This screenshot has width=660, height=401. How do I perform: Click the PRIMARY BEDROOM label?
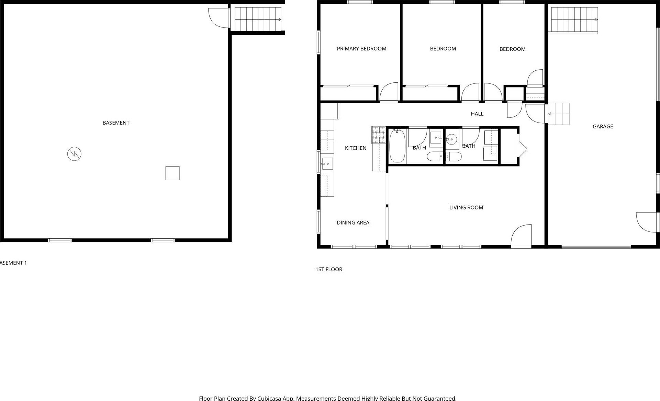click(361, 49)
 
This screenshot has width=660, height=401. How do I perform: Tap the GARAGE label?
click(603, 126)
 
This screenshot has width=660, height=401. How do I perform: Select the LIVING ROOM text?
click(466, 207)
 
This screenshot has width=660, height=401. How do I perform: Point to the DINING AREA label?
click(353, 222)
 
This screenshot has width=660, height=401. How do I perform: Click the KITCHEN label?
click(356, 148)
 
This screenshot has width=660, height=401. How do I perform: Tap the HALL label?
click(477, 114)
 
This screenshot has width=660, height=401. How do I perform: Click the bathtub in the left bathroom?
click(398, 146)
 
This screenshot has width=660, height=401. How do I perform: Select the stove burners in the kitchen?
click(378, 135)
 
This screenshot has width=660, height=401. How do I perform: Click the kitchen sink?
click(327, 164)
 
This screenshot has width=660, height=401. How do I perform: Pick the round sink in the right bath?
click(451, 139)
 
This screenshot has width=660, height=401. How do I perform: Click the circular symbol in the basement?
click(74, 154)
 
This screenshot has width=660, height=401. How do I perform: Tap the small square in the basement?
click(172, 173)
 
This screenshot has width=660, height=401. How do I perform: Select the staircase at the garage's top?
click(574, 20)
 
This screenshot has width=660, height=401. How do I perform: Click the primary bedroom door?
click(389, 92)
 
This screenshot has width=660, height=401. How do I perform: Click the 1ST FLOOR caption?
click(329, 270)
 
